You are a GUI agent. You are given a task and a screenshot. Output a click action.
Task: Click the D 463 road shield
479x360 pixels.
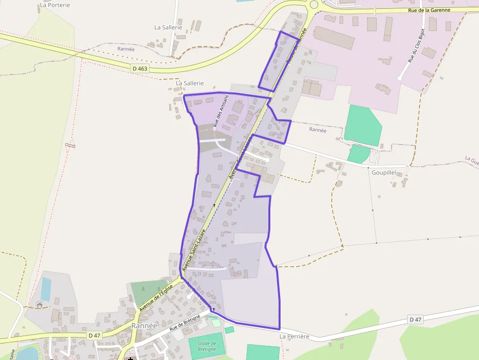pyautogui.click(x=139, y=68)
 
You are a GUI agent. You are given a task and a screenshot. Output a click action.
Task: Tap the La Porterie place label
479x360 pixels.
pyautogui.click(x=55, y=5)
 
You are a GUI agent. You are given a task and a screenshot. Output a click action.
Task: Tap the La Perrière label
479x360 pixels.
pyautogui.click(x=294, y=337)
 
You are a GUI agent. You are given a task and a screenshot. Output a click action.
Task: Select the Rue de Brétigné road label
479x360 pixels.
pyautogui.click(x=185, y=323)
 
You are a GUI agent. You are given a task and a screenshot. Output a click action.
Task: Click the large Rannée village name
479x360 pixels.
pyautogui.click(x=144, y=325)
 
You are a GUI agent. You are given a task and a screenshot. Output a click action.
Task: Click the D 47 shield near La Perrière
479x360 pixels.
pyautogui.click(x=415, y=319)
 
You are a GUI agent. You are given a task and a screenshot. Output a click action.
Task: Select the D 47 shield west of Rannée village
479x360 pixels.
pyautogui.click(x=94, y=336)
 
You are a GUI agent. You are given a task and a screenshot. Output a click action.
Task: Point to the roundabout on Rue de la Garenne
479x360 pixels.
pyautogui.click(x=313, y=5)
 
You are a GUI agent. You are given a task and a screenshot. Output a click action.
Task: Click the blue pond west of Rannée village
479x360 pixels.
pyautogui.click(x=45, y=289)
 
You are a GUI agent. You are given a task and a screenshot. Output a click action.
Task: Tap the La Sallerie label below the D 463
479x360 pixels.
pyautogui.click(x=190, y=84)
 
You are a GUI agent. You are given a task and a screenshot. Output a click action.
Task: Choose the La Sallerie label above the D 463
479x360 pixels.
pyautogui.click(x=168, y=27)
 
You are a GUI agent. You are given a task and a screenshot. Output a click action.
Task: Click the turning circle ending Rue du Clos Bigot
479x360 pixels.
pyautogui.click(x=400, y=77)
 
